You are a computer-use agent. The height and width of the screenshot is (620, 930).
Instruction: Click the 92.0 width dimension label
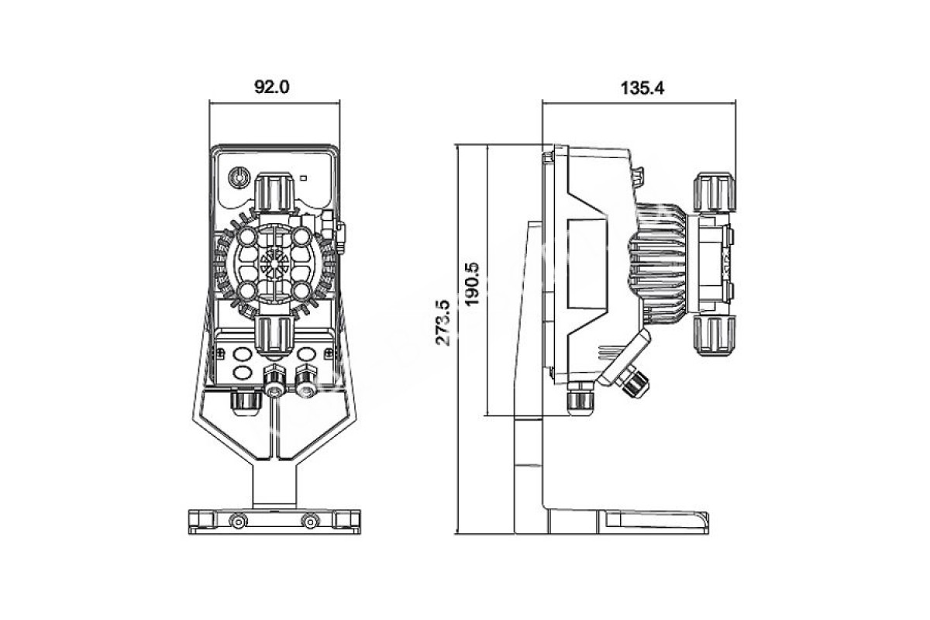coord(272,88)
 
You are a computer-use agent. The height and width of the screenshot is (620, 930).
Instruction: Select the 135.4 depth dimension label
coord(642,88)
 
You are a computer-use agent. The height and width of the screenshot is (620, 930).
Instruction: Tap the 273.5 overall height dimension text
coord(444,323)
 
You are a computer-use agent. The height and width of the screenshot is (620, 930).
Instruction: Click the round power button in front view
coord(238,177)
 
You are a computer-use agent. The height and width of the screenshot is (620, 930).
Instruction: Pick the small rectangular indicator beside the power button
coord(303,177)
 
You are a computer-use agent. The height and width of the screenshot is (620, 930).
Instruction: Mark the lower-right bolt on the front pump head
coord(302,290)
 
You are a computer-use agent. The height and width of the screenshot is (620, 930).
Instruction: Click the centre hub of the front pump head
coord(274,262)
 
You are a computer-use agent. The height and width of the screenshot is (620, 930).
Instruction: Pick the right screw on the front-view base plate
coord(310,520)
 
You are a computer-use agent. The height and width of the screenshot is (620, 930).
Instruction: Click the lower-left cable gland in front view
coord(244,399)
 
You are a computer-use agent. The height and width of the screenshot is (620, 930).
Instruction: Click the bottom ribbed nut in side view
coord(712,333)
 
